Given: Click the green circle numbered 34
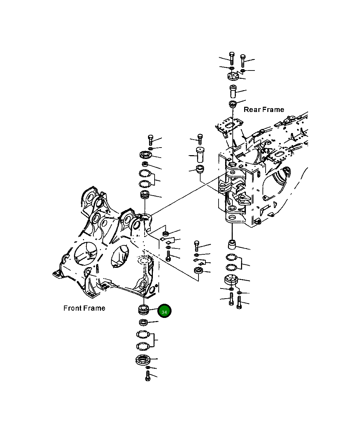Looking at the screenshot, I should [x=164, y=312].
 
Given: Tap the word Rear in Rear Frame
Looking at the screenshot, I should [x=252, y=110].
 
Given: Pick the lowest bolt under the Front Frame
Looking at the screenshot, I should [x=148, y=376].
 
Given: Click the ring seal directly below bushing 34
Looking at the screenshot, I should [x=143, y=323].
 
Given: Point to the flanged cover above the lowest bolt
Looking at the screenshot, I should [x=142, y=360].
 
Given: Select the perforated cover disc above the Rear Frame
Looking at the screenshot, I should [x=234, y=77].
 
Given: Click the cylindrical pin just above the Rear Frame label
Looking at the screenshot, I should [x=233, y=91].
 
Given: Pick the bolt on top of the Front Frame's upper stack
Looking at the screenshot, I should [x=150, y=140].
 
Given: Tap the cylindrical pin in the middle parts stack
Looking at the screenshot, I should [x=200, y=154].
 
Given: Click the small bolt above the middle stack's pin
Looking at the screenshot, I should [x=200, y=138].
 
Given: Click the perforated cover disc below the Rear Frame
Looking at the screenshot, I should [x=231, y=280].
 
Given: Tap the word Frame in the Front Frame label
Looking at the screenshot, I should [x=94, y=308].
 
